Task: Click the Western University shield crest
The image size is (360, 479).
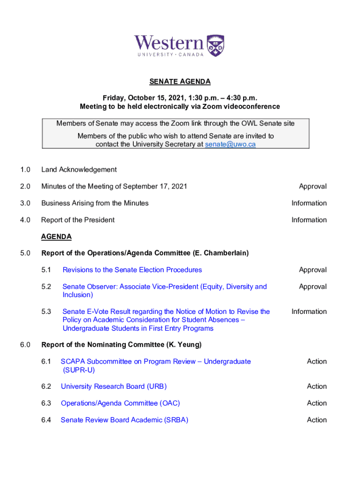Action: click(216, 45)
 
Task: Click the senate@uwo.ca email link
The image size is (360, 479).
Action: click(230, 145)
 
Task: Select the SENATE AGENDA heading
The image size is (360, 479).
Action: click(180, 82)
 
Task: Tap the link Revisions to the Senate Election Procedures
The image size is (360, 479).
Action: click(132, 270)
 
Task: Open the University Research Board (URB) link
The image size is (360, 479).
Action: click(114, 386)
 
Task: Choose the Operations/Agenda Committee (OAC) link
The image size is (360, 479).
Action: click(120, 403)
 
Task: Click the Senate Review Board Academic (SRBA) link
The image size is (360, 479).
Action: click(124, 420)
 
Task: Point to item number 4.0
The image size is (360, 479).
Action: click(25, 220)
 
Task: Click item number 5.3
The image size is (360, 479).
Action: click(46, 312)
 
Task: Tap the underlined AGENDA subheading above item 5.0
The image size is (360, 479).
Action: click(56, 237)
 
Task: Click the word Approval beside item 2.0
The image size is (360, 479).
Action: click(313, 187)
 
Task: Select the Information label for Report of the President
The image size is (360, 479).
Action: click(309, 220)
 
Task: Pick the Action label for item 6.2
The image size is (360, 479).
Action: click(317, 386)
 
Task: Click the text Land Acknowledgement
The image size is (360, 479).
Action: click(79, 170)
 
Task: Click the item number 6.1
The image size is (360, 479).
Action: click(46, 362)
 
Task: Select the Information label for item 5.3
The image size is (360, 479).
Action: click(309, 312)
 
